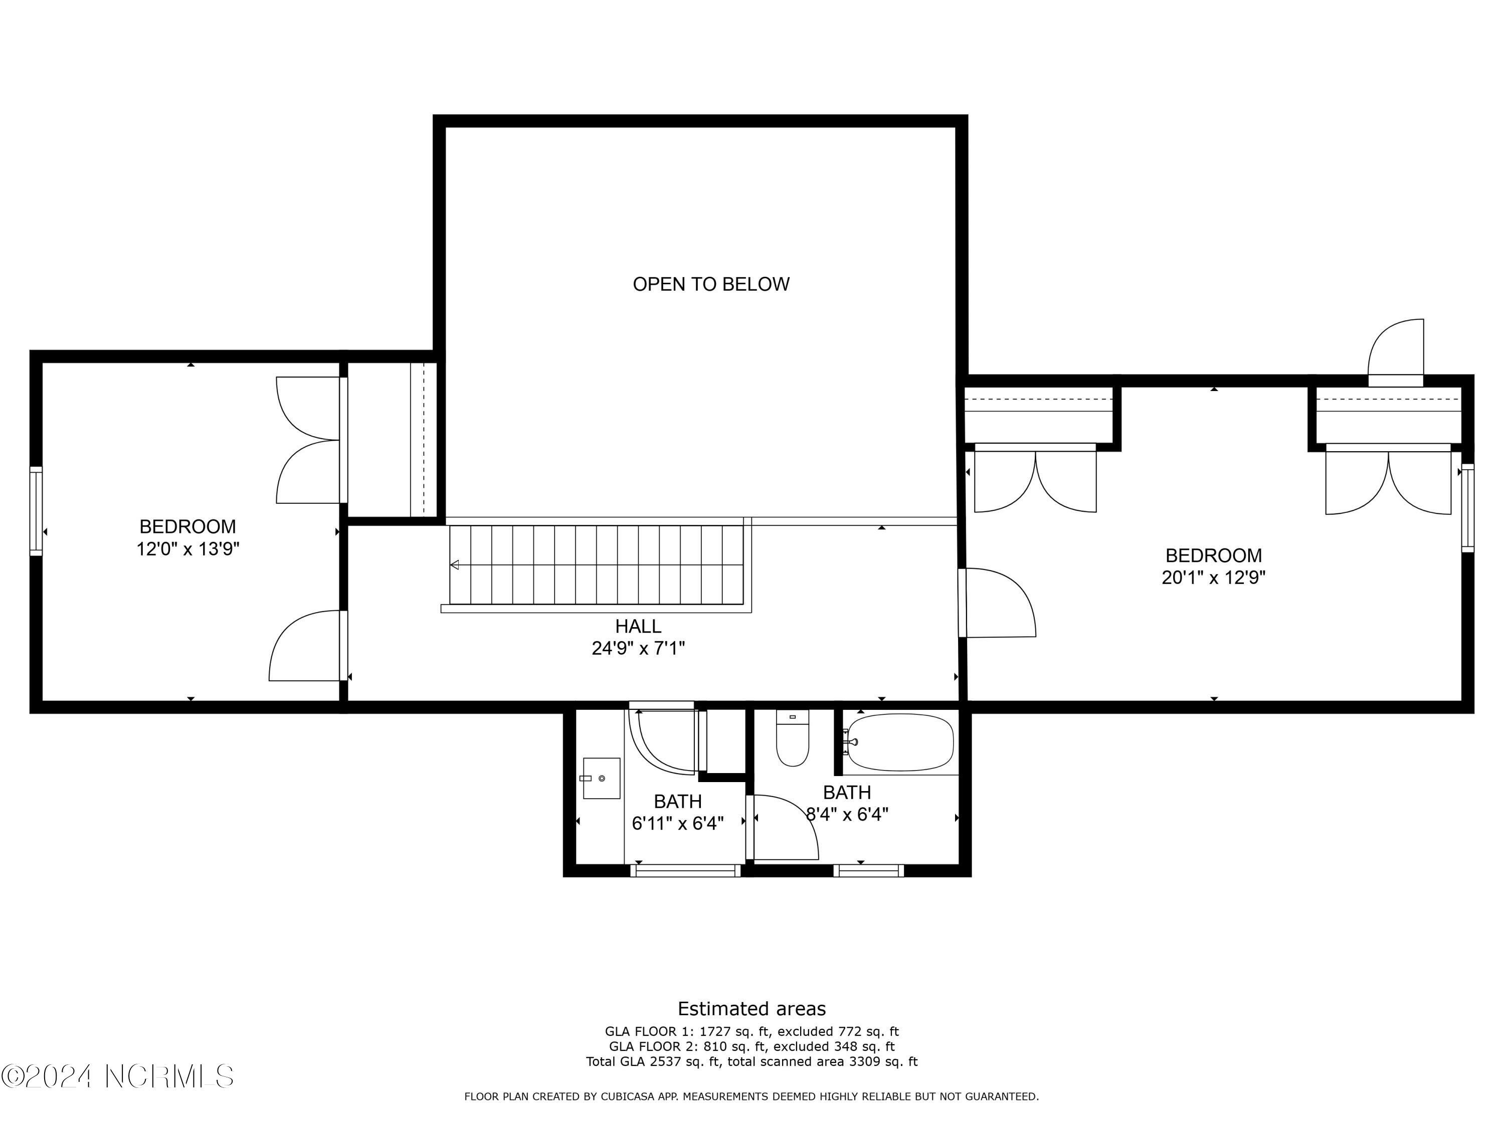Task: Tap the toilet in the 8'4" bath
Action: pos(792,740)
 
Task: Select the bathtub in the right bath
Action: pos(899,742)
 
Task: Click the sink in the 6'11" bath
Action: pos(601,778)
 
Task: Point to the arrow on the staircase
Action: pos(454,565)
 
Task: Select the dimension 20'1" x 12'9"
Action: pos(1213,578)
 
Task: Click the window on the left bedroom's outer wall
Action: pos(36,511)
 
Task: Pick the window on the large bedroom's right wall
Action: pos(1467,508)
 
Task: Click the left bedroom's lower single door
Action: pos(306,646)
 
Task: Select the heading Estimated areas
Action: pos(751,1008)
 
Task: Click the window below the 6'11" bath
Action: pos(685,870)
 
